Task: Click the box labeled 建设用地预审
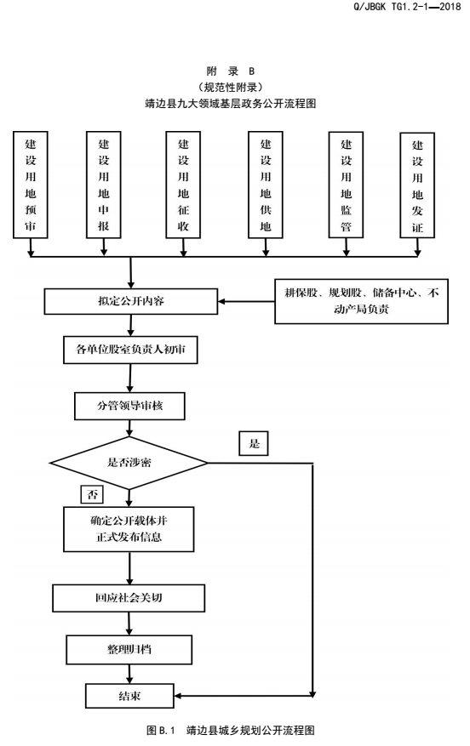coord(31,185)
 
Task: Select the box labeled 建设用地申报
coord(104,185)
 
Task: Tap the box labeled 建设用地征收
coord(183,185)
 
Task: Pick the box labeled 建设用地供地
coord(266,185)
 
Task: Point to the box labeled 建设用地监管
coord(347,185)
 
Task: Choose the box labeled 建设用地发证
coord(417,185)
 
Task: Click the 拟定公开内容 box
coord(131,301)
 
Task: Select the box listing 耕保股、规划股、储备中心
coord(361,301)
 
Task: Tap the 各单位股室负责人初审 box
coord(130,350)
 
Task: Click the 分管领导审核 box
coord(129,406)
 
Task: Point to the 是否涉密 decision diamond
coord(129,463)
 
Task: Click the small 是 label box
coord(254,443)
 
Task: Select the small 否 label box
coord(92,494)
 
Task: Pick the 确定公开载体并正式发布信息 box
coord(129,529)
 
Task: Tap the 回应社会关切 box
coord(129,598)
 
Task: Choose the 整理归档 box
coord(129,649)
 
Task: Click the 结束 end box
coord(129,696)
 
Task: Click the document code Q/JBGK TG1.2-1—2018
coord(407,7)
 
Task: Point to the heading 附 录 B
coord(231,71)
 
